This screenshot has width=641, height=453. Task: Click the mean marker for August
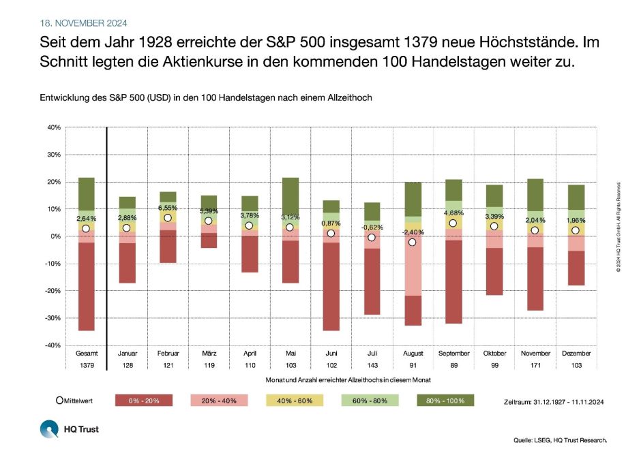(412, 243)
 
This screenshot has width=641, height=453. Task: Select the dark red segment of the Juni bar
(331, 286)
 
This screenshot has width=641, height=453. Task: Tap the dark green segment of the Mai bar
(290, 194)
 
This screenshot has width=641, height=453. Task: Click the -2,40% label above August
(413, 232)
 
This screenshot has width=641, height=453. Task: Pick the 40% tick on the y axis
(54, 127)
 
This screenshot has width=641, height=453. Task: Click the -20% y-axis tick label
(53, 291)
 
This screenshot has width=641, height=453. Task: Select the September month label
(453, 354)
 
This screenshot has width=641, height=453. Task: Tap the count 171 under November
(535, 366)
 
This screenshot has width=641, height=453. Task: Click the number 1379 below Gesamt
(86, 366)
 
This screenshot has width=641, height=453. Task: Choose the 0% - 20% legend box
(143, 401)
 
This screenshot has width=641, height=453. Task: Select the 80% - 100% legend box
(444, 401)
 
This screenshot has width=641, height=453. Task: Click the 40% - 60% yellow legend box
(293, 401)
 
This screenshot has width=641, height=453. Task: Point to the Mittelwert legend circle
(59, 400)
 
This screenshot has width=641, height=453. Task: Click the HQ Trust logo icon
(49, 429)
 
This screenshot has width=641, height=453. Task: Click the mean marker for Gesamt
(85, 229)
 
